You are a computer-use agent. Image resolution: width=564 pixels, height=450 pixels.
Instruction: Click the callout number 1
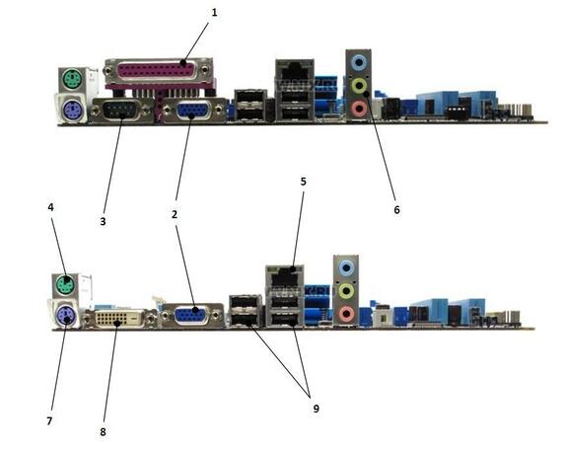(214, 13)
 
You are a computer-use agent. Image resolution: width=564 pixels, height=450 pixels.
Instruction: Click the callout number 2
(175, 214)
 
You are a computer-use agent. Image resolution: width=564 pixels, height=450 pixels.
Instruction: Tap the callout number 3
(103, 221)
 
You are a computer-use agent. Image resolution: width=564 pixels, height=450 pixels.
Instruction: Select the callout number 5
(303, 182)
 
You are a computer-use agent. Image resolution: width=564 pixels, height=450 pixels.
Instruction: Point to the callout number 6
(396, 209)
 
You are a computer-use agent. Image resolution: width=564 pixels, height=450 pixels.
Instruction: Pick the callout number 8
(103, 431)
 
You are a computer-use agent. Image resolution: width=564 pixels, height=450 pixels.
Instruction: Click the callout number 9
(316, 409)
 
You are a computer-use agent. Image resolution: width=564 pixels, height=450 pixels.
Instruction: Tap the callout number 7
(49, 420)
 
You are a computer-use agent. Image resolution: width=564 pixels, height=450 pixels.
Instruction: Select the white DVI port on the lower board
(117, 319)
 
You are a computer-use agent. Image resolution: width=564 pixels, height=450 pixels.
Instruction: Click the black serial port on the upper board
(120, 111)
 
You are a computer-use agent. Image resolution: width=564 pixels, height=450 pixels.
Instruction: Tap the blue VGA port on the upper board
(194, 111)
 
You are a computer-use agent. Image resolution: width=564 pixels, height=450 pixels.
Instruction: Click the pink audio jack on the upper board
(358, 109)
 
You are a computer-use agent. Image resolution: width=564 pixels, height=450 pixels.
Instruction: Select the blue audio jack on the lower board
(346, 267)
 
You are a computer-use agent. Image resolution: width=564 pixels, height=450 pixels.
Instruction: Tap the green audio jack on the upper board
(359, 86)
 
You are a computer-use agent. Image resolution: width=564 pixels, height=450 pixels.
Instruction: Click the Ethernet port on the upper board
(295, 71)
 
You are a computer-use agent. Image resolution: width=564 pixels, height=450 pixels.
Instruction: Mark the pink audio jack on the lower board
(346, 314)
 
